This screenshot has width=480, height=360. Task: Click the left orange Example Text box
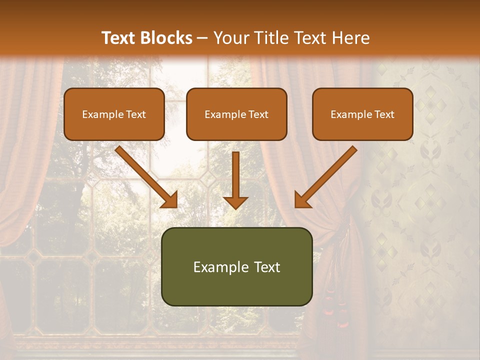(x=114, y=114)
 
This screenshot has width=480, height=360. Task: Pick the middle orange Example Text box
(x=236, y=114)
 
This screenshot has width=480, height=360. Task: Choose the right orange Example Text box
(x=362, y=114)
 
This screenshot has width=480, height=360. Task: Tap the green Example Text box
(x=236, y=267)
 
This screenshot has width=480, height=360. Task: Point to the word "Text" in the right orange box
(x=384, y=114)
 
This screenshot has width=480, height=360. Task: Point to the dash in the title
(x=203, y=38)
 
